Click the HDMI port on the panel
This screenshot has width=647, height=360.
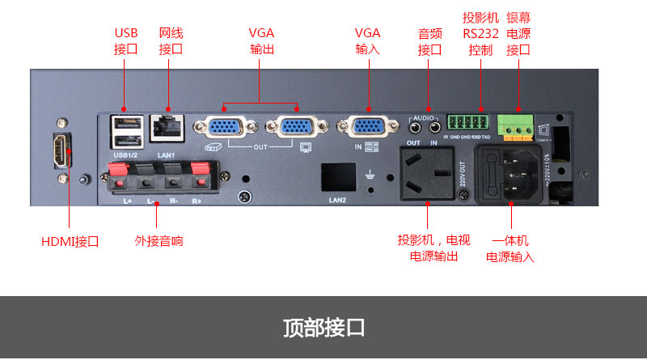61,150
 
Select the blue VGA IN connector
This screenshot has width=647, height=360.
367,128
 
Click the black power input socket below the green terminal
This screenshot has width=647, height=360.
511,176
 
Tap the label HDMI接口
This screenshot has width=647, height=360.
70,241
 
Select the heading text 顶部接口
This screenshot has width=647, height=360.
323,328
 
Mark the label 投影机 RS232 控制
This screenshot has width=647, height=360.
480,32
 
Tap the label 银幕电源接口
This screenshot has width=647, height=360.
518,32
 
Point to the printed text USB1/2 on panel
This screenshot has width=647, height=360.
126,154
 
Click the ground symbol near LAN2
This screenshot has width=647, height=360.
370,173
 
